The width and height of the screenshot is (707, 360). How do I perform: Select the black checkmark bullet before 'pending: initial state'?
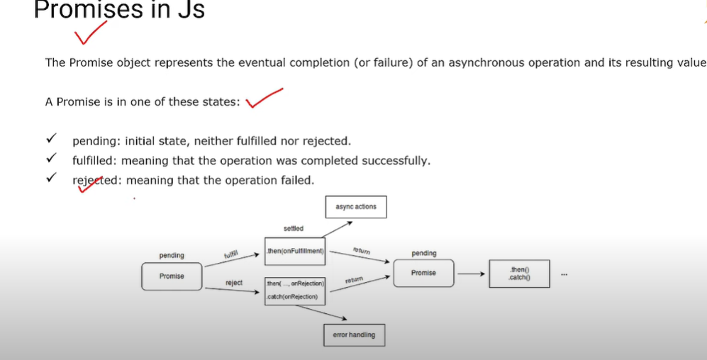(x=51, y=140)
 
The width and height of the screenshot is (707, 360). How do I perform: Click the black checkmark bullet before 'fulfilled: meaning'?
(x=51, y=160)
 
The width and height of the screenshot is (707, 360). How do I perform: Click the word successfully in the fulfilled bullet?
(x=396, y=161)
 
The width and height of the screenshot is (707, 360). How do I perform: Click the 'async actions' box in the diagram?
(x=356, y=207)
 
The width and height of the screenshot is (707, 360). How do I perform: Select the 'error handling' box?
(x=354, y=334)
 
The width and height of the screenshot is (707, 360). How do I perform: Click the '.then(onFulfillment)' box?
(x=294, y=251)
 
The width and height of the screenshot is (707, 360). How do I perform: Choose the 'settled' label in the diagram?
(x=294, y=229)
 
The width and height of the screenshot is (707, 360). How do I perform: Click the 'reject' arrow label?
(x=234, y=283)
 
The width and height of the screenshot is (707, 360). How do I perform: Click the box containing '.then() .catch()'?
(x=519, y=274)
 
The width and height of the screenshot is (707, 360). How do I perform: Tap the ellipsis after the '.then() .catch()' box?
(x=564, y=275)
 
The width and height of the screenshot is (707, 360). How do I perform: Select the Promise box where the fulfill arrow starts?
(x=172, y=276)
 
